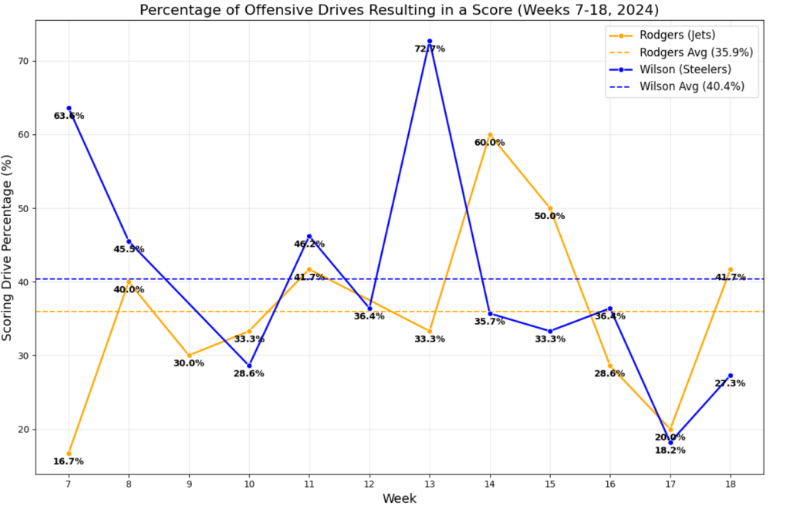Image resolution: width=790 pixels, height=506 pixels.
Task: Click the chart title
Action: [399, 10]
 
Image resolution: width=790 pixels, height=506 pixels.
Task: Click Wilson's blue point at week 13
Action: [430, 41]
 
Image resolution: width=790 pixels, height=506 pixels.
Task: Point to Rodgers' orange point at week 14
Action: [490, 135]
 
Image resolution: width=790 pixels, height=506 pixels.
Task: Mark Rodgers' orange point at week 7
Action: [69, 454]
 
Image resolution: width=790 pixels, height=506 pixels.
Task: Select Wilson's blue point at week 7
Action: [69, 108]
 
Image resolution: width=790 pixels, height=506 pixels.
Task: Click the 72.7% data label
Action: [430, 49]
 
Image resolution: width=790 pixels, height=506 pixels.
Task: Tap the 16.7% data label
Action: [69, 462]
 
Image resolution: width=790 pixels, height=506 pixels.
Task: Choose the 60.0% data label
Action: [490, 143]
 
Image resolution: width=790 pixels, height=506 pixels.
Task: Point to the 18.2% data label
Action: [670, 450]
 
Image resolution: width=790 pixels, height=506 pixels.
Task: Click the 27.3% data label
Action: [730, 383]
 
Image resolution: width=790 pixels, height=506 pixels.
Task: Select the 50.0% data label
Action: [550, 216]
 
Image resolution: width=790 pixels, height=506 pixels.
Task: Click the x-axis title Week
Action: [399, 498]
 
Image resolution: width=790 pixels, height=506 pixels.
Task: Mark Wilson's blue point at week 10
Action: [249, 366]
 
